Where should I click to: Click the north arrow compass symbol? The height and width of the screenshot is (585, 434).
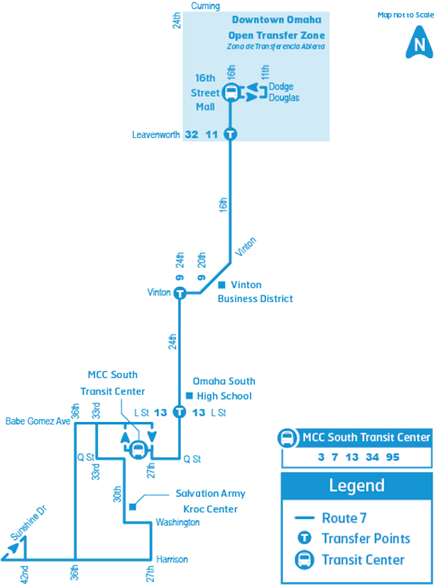pos(420,42)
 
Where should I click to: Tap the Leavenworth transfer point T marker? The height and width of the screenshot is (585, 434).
pos(230,134)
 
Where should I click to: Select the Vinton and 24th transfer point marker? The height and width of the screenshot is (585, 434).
pos(180,293)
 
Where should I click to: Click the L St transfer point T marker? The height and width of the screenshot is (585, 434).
pos(179,412)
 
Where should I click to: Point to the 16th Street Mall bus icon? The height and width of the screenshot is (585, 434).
pos(231,92)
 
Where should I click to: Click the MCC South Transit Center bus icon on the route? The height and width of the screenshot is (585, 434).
pos(138,449)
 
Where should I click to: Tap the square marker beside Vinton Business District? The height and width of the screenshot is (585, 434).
pos(222,285)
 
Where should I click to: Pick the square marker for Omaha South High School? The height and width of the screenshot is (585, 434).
pos(189,395)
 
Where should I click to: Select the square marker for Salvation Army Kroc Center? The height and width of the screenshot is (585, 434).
pos(132,507)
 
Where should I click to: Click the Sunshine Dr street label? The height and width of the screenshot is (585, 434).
pos(29,523)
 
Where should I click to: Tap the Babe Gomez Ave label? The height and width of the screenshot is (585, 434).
pos(38,421)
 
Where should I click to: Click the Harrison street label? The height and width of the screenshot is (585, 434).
pos(172,559)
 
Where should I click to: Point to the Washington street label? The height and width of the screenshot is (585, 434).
pos(178,522)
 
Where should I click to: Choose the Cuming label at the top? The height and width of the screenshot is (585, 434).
pos(205,6)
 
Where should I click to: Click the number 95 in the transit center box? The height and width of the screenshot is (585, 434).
pos(393,457)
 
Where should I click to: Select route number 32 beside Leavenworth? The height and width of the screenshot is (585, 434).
pos(192,134)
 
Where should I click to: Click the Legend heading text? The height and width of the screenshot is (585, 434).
pos(357,486)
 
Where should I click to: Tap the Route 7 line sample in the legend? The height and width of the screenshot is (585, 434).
pos(304,518)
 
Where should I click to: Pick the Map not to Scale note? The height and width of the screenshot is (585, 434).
pos(405,15)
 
